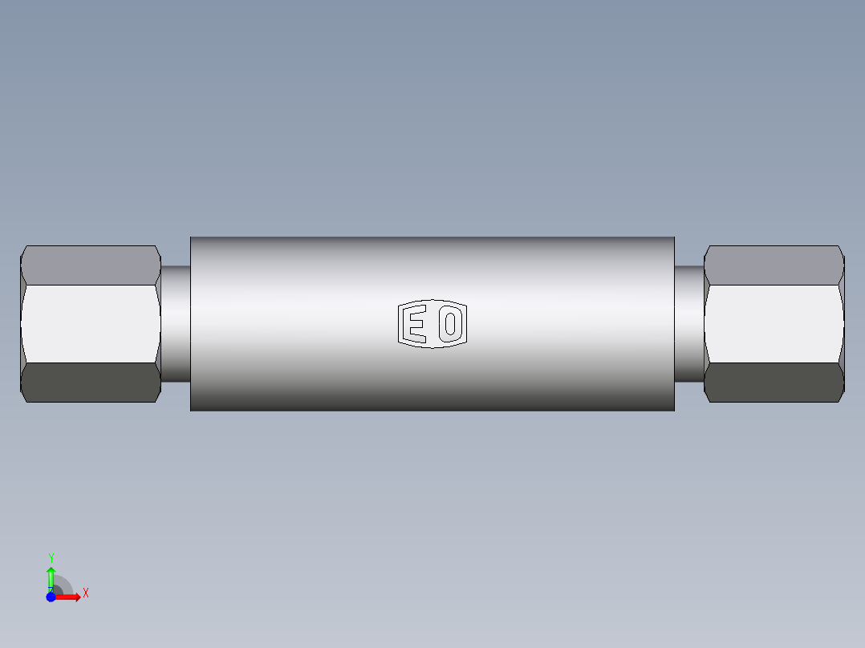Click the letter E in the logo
click(416, 324)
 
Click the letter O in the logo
click(451, 324)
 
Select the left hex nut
click(91, 323)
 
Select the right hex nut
click(774, 323)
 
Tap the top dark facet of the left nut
click(90, 265)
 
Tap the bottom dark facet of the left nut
click(90, 383)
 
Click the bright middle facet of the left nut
click(90, 323)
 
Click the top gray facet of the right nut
click(774, 265)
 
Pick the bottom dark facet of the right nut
click(774, 383)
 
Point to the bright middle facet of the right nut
click(774, 323)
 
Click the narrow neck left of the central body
click(176, 323)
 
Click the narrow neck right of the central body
click(688, 323)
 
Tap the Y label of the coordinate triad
click(51, 557)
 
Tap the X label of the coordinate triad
click(85, 593)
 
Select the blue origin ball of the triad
click(51, 597)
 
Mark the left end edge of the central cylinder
click(191, 323)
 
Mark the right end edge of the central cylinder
click(674, 323)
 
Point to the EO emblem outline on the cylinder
click(433, 302)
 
